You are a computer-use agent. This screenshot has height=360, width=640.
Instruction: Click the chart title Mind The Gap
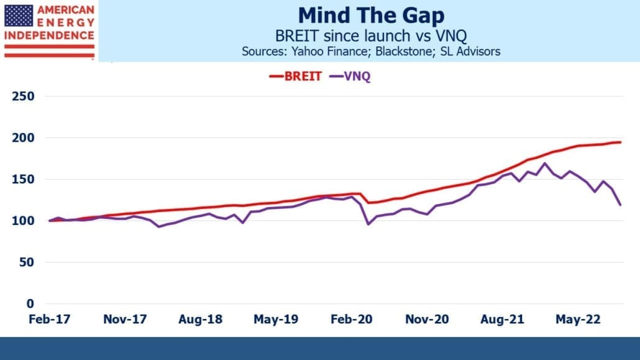click(x=371, y=16)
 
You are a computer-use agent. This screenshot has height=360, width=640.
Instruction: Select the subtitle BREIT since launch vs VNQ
click(x=371, y=36)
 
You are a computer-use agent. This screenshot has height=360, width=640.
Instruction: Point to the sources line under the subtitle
click(x=371, y=52)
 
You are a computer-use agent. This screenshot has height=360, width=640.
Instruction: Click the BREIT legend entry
click(x=296, y=76)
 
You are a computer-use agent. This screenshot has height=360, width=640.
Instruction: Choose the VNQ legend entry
click(x=350, y=76)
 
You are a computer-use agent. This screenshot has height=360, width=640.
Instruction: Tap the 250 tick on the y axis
click(x=23, y=96)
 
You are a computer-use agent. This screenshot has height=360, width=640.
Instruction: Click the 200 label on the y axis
click(x=23, y=137)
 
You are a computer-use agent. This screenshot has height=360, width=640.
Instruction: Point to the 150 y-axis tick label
click(x=23, y=180)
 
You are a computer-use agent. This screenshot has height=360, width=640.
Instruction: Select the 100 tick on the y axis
click(x=23, y=221)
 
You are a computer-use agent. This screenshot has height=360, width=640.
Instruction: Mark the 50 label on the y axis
click(x=27, y=262)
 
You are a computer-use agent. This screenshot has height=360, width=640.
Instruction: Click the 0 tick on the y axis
click(x=30, y=303)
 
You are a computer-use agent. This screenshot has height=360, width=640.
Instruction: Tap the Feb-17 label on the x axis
click(x=49, y=319)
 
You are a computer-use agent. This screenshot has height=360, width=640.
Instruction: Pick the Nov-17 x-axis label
click(x=125, y=319)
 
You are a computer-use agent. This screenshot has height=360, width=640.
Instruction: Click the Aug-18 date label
click(x=201, y=319)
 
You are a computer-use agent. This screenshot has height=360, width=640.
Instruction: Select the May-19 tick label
click(x=276, y=319)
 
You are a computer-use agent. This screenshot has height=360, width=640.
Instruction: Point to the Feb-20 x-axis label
click(x=352, y=319)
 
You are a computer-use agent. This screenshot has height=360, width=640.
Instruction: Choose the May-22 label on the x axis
click(x=578, y=319)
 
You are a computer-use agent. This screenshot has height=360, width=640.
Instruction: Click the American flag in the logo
click(x=19, y=16)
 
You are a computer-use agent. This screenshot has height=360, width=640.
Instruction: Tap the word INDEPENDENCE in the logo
click(x=49, y=35)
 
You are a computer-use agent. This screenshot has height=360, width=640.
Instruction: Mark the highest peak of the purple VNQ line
click(x=544, y=164)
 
